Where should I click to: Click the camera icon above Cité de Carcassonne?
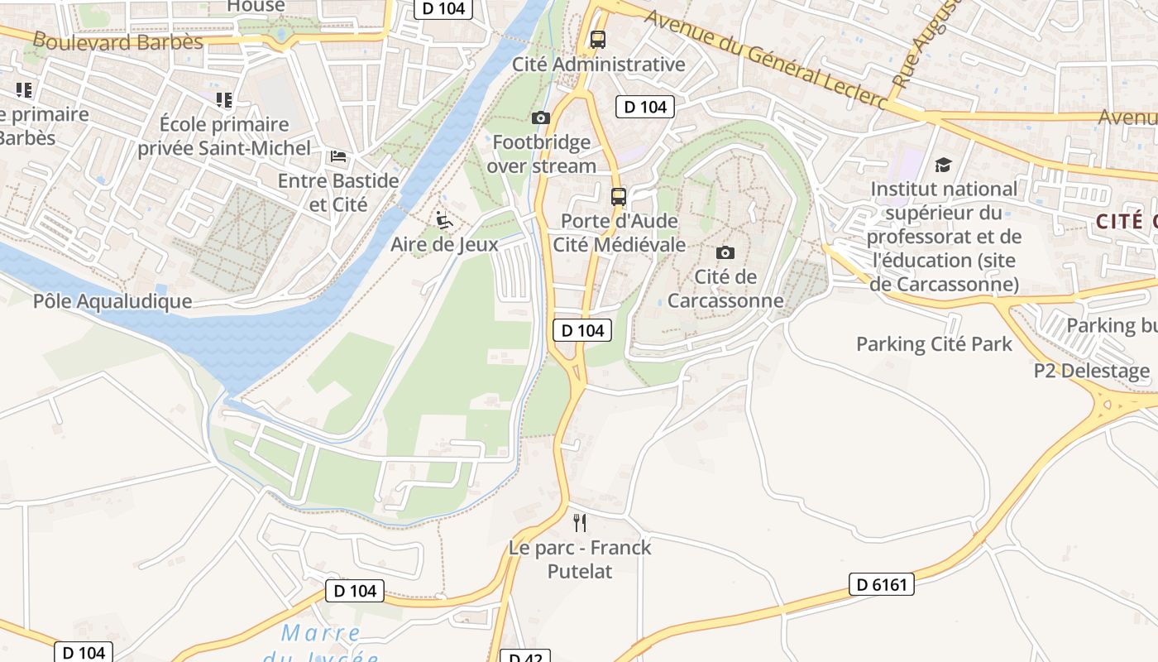725,252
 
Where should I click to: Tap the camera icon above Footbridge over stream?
541,118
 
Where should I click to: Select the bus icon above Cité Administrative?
598,40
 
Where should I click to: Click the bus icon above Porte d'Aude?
619,197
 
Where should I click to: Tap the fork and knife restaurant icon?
580,522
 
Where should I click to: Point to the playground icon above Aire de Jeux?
444,220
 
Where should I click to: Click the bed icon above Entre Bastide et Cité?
338,156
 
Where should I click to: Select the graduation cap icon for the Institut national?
943,165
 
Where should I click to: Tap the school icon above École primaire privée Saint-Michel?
224,100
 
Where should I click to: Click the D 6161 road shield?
882,584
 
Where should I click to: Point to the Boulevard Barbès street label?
117,41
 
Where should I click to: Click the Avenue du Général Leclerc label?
765,60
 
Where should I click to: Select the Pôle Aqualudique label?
112,301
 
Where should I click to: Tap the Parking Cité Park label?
934,344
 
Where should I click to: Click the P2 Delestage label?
1091,371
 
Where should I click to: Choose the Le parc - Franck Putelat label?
580,559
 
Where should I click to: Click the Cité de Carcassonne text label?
725,288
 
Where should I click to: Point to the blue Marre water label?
321,634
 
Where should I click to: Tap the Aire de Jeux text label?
444,244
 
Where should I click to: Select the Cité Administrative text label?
599,65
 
